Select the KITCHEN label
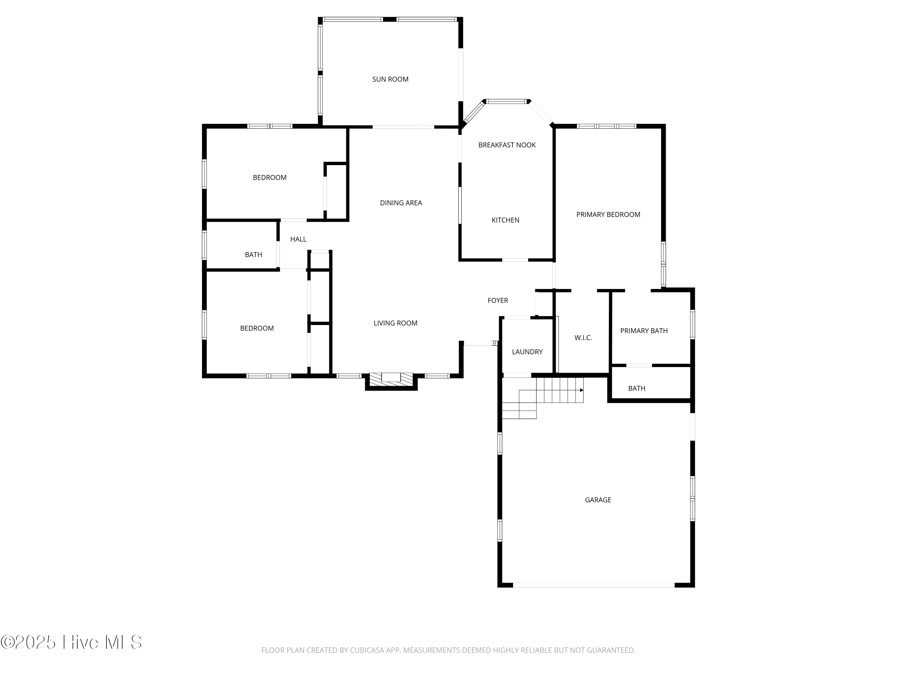[x=505, y=220]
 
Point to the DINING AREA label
[x=401, y=203]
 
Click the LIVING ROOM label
[x=395, y=323]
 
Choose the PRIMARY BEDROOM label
[x=608, y=214]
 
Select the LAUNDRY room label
[x=527, y=352]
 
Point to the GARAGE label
[x=598, y=500]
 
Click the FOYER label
[x=498, y=301]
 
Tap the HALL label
[x=298, y=239]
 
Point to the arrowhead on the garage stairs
[x=582, y=390]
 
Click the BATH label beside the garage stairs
[x=636, y=389]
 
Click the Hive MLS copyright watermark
[x=71, y=642]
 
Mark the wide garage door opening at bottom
[x=594, y=585]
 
